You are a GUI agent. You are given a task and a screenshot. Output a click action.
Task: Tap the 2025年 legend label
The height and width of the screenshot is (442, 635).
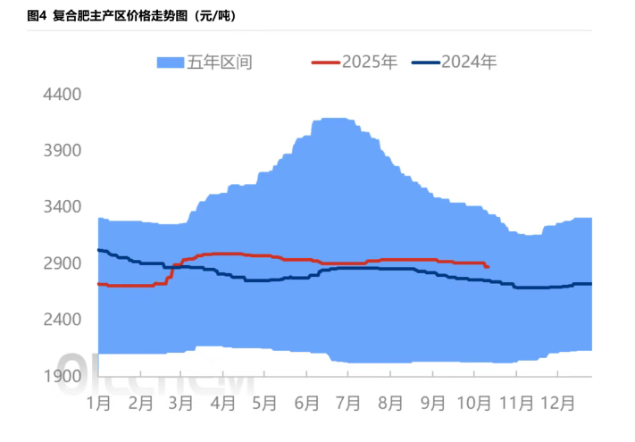pyautogui.click(x=370, y=63)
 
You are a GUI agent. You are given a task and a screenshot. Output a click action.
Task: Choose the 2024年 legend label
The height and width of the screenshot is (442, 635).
pyautogui.click(x=469, y=63)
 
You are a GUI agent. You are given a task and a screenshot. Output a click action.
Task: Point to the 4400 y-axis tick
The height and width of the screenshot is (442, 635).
pyautogui.click(x=63, y=94)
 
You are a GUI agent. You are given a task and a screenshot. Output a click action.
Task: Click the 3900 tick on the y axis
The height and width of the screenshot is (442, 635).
pyautogui.click(x=63, y=150)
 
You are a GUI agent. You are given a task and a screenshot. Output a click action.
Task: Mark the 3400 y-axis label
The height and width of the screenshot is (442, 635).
pyautogui.click(x=63, y=207)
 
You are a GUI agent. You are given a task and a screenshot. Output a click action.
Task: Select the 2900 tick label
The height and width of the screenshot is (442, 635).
pyautogui.click(x=63, y=263)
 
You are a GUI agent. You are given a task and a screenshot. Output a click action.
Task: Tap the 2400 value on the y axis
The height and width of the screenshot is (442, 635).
pyautogui.click(x=63, y=320)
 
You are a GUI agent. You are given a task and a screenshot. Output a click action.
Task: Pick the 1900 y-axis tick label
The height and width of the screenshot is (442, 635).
pyautogui.click(x=63, y=376)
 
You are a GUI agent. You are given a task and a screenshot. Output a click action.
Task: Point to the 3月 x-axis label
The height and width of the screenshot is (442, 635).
pyautogui.click(x=180, y=403)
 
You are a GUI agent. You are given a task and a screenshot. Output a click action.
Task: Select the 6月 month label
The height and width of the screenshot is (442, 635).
pyautogui.click(x=306, y=403)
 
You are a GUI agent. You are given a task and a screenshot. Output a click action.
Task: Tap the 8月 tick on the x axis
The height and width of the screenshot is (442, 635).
pyautogui.click(x=390, y=403)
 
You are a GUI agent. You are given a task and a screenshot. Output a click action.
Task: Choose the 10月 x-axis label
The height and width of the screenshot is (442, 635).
pyautogui.click(x=474, y=403)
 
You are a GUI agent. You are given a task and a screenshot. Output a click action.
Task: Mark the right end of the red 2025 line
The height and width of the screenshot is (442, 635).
pyautogui.click(x=488, y=267)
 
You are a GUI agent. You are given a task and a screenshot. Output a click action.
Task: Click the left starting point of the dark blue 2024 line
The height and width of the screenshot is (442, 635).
pyautogui.click(x=97, y=250)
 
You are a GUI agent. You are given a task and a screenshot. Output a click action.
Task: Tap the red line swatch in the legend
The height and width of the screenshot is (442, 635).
pyautogui.click(x=325, y=63)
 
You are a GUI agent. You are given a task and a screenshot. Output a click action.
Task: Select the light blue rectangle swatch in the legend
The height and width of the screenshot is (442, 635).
pyautogui.click(x=170, y=63)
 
